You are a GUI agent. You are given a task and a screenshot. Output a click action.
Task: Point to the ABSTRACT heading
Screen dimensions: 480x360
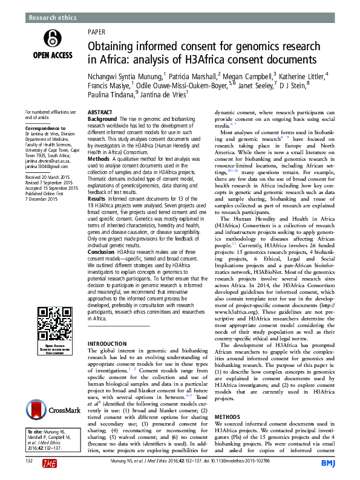coord(99,113)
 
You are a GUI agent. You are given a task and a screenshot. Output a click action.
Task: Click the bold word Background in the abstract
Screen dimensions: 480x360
coord(102,119)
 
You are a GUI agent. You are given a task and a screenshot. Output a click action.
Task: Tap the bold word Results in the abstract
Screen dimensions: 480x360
coord(97,199)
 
